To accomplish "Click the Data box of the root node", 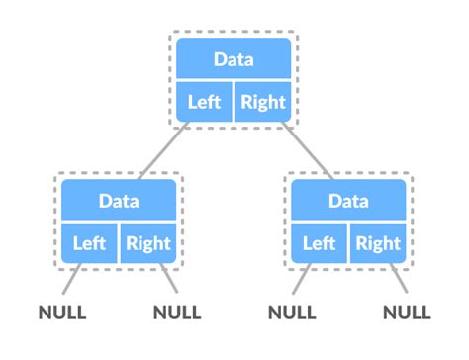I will [234, 59].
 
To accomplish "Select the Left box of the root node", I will [205, 101].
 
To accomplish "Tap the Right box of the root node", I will [263, 101].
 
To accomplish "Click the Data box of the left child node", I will [119, 201].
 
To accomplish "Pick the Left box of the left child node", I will [89, 242].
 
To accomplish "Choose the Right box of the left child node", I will [147, 242].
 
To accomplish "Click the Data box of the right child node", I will [347, 201].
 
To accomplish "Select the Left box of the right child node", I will [319, 242].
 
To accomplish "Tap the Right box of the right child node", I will [377, 242].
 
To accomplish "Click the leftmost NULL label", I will [62, 314].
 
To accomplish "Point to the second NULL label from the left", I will [178, 314].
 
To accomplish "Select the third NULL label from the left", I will [292, 314].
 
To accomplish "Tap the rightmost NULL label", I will [407, 314].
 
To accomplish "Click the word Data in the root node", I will [234, 59].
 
